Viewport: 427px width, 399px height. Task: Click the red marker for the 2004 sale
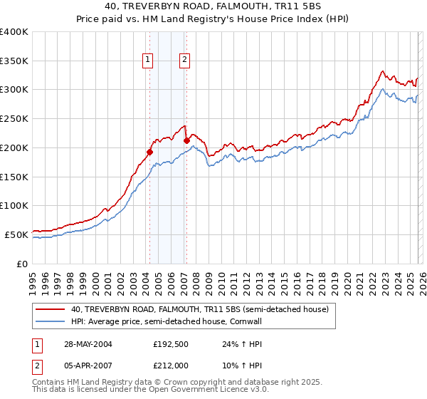(150, 151)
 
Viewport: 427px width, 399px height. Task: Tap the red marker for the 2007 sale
(186, 140)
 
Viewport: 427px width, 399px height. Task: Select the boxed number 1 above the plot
(148, 61)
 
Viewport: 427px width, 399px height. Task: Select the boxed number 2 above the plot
(184, 61)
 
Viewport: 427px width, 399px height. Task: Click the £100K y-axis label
(14, 206)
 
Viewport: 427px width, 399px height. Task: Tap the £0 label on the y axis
(22, 264)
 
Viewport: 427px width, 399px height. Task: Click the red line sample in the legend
(51, 310)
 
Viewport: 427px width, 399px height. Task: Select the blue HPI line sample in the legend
(51, 322)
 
